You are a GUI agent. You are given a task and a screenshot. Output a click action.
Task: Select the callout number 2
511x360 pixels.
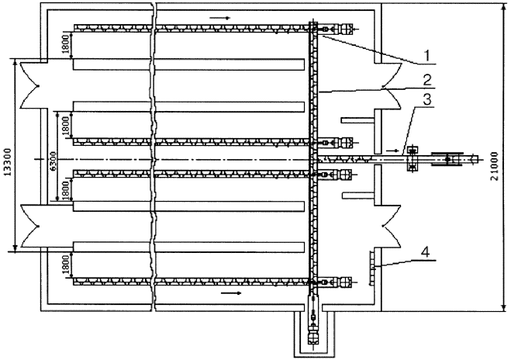coord(427,80)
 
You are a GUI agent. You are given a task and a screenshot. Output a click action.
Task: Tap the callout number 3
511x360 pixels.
coord(427,99)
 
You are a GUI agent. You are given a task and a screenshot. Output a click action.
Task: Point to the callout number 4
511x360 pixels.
coord(425,252)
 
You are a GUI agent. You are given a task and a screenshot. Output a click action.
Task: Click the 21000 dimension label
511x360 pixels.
coord(494,166)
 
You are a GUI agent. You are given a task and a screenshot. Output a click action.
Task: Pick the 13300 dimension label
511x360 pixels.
coord(8,162)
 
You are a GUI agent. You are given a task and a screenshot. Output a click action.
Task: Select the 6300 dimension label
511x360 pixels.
coord(54,161)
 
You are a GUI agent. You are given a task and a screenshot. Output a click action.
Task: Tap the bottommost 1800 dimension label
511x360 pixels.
coord(65,265)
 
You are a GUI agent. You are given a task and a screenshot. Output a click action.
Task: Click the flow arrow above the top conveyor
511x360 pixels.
coord(220,18)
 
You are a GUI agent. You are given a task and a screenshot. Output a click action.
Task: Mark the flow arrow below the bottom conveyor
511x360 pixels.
coord(231,293)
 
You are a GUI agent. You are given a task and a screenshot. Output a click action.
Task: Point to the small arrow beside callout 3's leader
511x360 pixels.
coord(392,151)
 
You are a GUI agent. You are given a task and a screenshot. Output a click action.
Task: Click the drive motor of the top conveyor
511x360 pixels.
coord(345,29)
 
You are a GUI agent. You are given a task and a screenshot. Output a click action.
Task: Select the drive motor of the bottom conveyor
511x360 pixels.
coord(345,282)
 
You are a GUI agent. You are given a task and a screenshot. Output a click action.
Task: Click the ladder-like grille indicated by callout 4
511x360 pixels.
coord(371,268)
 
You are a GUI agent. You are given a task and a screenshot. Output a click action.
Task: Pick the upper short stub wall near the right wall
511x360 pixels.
coord(357,120)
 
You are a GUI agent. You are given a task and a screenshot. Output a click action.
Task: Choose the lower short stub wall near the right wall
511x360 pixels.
coord(357,196)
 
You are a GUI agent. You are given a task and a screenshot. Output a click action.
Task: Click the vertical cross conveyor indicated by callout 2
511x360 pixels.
coord(312,157)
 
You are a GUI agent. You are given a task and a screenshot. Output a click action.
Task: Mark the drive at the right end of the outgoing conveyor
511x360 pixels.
coord(447,159)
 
